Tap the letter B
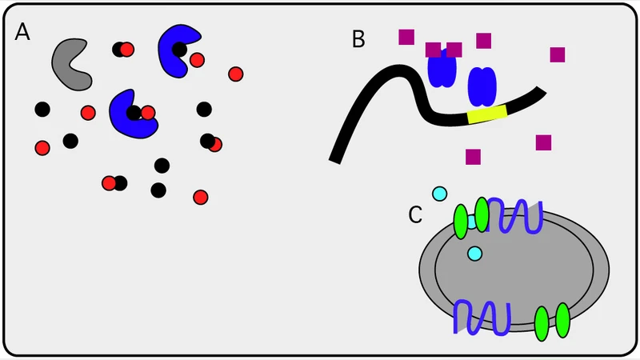click(358, 38)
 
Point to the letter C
click(415, 214)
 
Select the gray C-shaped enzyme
click(69, 62)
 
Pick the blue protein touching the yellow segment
click(482, 86)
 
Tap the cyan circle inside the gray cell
click(474, 254)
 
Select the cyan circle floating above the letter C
click(439, 194)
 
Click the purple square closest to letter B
click(406, 37)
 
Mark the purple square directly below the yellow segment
click(473, 157)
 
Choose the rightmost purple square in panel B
click(558, 54)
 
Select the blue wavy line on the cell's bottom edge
click(481, 317)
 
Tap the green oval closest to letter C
click(461, 222)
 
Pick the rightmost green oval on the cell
click(562, 320)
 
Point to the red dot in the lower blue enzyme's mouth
click(148, 113)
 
